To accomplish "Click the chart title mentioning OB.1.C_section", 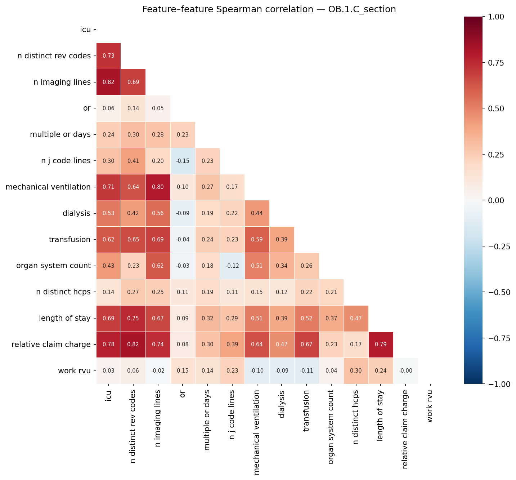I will point(269,9).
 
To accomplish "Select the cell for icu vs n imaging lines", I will point(108,82).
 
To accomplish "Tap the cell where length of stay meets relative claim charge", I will point(381,345).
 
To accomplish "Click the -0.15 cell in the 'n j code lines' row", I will point(183,161).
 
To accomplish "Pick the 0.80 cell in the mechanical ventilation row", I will point(158,187).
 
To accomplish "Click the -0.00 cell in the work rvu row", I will point(405,371).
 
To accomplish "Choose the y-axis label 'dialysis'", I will point(76,213).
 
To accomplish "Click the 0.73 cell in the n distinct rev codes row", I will point(108,56).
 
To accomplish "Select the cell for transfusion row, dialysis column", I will point(282,240).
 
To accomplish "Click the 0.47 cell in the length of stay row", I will point(356,318).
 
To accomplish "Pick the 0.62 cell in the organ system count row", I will point(158,266).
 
